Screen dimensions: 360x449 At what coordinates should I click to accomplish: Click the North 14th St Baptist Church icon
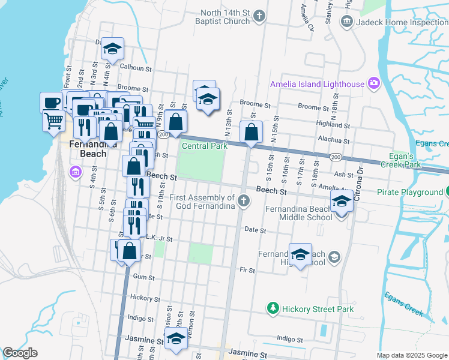coord(259,16)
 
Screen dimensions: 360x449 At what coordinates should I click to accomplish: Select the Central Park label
coord(204,146)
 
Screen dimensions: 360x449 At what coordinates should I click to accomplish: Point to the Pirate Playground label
coord(409,192)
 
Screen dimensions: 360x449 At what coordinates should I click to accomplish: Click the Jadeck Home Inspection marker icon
coord(346,22)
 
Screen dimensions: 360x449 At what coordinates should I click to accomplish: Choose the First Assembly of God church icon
coord(243,201)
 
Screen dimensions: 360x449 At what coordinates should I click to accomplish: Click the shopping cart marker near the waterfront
coord(53,120)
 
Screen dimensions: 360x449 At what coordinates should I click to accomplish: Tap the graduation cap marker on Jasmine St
coord(176,338)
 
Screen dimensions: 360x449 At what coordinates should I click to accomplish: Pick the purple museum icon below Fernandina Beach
coord(75,173)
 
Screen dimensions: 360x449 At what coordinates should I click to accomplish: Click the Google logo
coord(20,353)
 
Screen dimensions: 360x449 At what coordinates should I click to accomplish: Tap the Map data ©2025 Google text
coord(411,355)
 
